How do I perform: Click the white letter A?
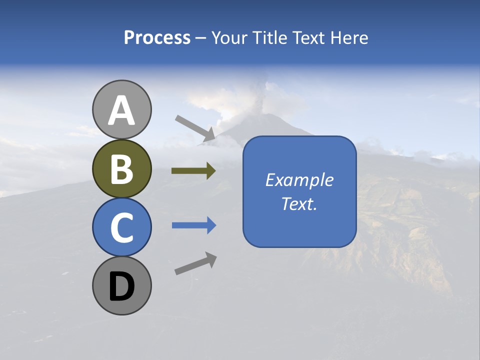tap(121, 111)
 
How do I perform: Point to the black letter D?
tap(121, 287)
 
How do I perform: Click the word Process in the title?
tap(157, 37)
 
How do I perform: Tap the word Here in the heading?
tap(349, 37)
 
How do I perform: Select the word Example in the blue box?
tap(299, 180)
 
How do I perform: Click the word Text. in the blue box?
tap(299, 203)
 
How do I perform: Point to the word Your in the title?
tap(227, 37)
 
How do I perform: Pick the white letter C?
tap(121, 228)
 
